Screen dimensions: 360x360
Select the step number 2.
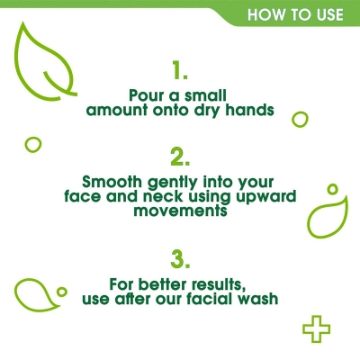(x=180, y=157)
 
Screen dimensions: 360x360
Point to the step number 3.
(x=180, y=260)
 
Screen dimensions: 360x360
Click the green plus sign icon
(x=315, y=329)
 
